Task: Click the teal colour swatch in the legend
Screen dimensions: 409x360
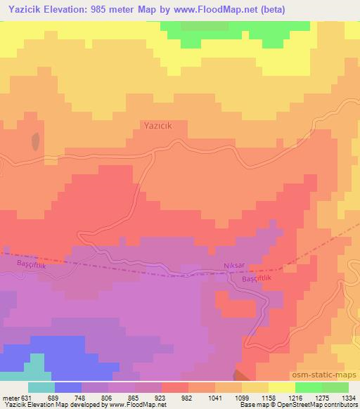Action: pyautogui.click(x=41, y=387)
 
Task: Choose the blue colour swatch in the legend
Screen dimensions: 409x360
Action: pyautogui.click(x=68, y=387)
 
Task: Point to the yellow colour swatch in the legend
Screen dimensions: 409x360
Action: pyautogui.click(x=282, y=387)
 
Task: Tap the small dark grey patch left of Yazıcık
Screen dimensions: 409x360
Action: pyautogui.click(x=34, y=143)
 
